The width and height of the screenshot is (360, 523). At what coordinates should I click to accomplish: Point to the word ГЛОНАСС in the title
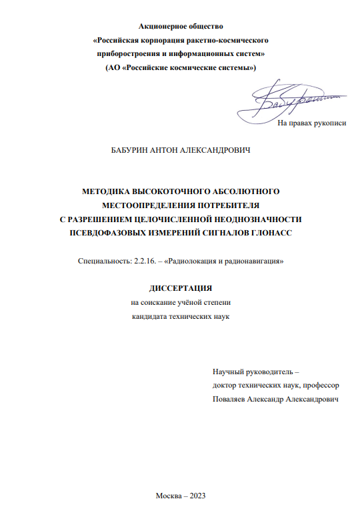pos(263,233)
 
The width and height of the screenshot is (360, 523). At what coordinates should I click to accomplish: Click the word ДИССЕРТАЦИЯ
pos(180,289)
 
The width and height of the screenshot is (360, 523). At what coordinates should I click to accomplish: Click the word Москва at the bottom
pos(168,495)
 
